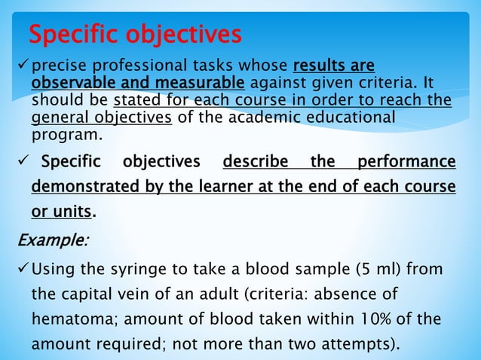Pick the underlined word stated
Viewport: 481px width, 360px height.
coord(134,100)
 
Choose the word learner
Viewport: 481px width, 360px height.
coord(232,187)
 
